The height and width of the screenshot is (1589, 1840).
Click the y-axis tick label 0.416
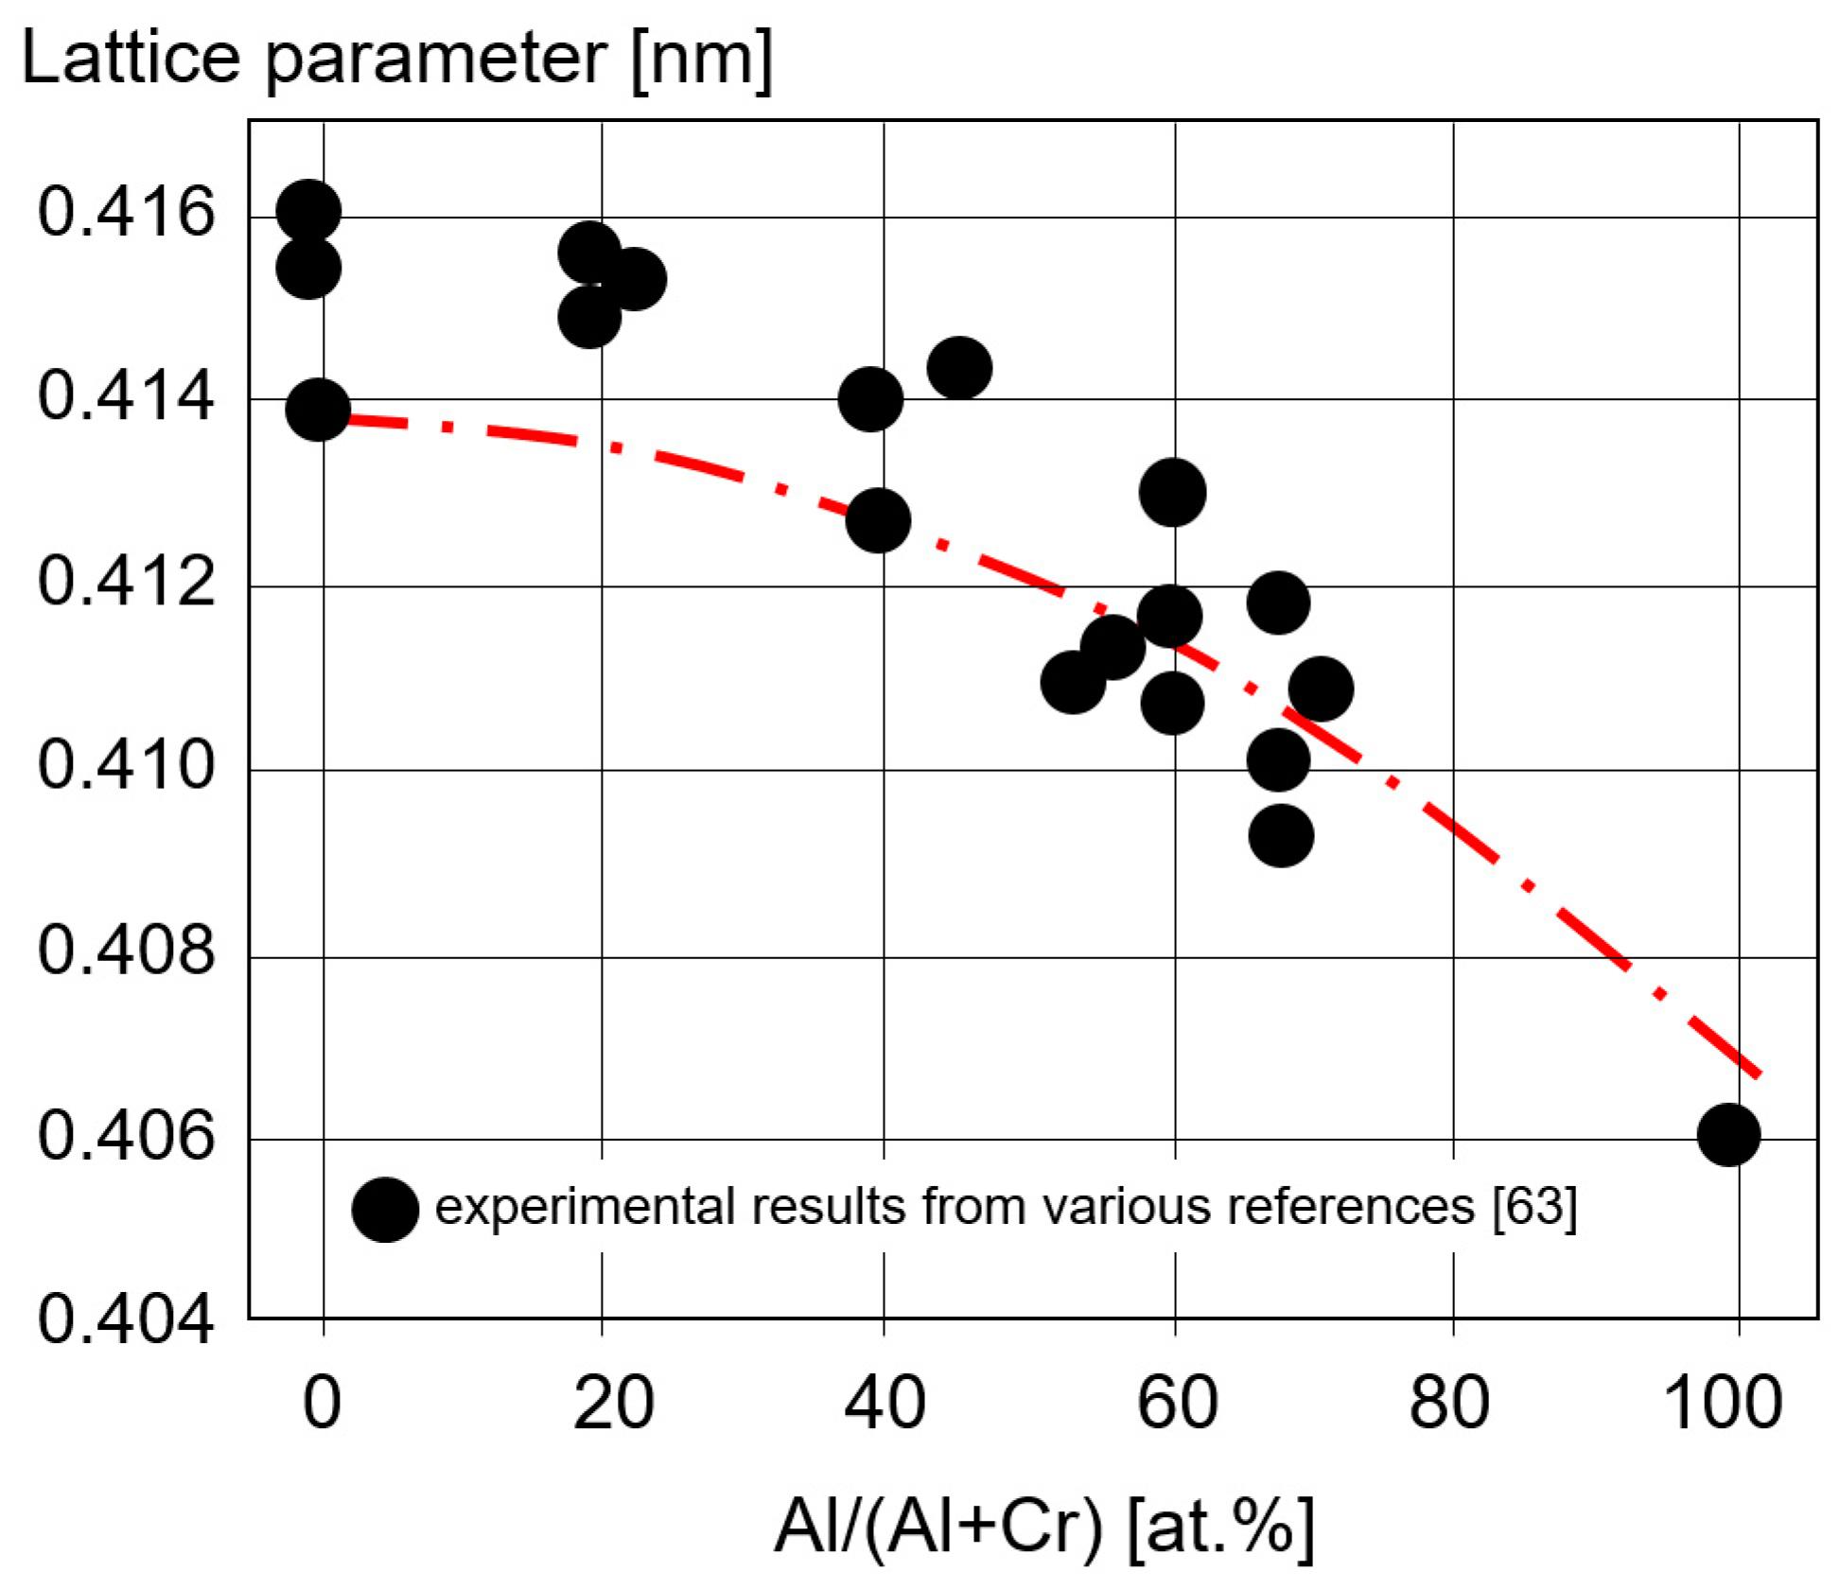pyautogui.click(x=126, y=212)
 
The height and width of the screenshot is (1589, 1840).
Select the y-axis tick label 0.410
pyautogui.click(x=126, y=765)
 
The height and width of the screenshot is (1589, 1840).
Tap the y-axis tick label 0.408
pyautogui.click(x=126, y=950)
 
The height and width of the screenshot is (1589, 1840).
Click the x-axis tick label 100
pyautogui.click(x=1723, y=1403)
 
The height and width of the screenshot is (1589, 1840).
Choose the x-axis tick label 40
pyautogui.click(x=885, y=1403)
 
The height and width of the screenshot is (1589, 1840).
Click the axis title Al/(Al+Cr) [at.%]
pyautogui.click(x=1044, y=1527)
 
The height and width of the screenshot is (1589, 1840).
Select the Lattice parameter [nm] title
pyautogui.click(x=397, y=59)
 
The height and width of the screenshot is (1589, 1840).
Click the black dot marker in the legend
pyautogui.click(x=385, y=1210)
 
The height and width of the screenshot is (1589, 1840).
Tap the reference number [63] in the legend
pyautogui.click(x=1534, y=1207)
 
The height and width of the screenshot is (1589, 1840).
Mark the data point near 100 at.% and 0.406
pyautogui.click(x=1728, y=1134)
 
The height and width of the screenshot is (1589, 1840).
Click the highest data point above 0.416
pyautogui.click(x=308, y=211)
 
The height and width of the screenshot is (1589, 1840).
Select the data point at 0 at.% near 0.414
pyautogui.click(x=318, y=410)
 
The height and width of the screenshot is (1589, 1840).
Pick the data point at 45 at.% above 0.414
pyautogui.click(x=959, y=368)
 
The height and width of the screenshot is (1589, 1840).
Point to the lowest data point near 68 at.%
pyautogui.click(x=1281, y=836)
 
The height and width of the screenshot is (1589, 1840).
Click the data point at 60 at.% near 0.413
pyautogui.click(x=1172, y=493)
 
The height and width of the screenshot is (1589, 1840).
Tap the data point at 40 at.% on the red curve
pyautogui.click(x=878, y=520)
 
